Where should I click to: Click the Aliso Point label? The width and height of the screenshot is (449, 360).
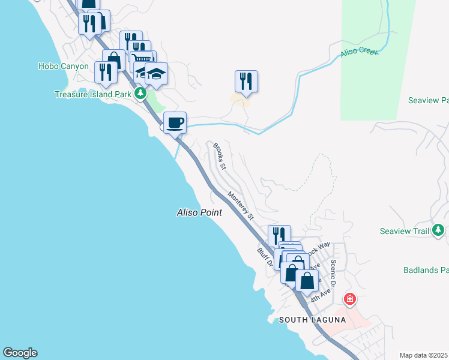pos(199,212)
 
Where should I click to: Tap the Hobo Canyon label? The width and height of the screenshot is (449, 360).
pos(63,67)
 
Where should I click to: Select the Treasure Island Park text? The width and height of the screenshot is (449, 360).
pos(92,94)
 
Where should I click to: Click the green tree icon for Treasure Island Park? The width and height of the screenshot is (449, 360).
pos(140,93)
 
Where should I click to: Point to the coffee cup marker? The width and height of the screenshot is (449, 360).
pos(175,123)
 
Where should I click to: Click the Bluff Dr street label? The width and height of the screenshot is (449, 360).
pos(264,257)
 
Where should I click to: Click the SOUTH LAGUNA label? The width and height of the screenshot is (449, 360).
pos(312,320)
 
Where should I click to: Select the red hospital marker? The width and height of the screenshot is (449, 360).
pos(349,299)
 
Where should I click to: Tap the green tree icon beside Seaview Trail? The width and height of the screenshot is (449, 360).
pos(439,230)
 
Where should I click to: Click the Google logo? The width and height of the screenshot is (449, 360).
pos(20,353)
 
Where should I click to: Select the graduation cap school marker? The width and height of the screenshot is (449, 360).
pos(156,74)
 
